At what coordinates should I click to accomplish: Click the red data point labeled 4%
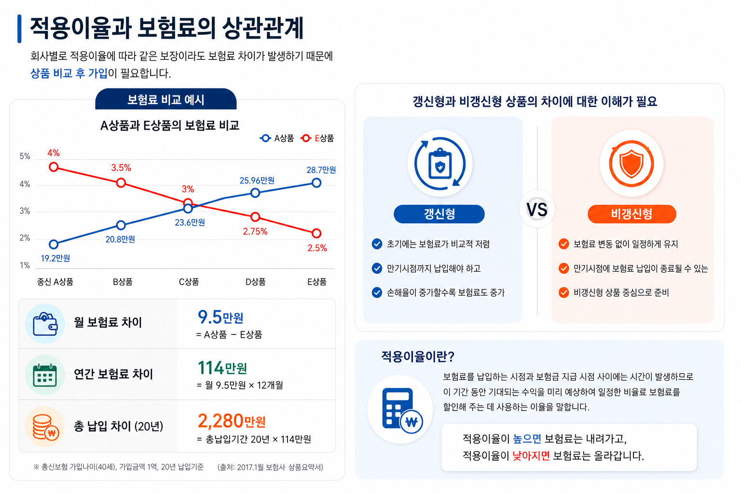pos(54,167)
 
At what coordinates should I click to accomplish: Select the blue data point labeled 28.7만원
pos(316,183)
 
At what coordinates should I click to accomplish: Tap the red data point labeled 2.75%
pos(255,217)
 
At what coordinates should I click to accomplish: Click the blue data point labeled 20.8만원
pos(121,225)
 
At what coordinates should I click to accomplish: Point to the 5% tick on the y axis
pos(25,156)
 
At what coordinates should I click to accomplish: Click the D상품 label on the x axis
pos(255,282)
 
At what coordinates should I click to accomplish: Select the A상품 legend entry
pos(277,138)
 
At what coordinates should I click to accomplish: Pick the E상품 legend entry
pos(317,138)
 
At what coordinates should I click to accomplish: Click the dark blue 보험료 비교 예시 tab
pos(165,99)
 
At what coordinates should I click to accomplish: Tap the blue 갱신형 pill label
pos(439,214)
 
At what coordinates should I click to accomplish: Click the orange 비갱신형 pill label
pos(631,214)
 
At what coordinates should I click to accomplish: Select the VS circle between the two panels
pos(537,209)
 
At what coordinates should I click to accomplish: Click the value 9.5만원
pos(220,317)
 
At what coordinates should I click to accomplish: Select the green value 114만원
pos(222,368)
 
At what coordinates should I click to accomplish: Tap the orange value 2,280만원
pos(232,421)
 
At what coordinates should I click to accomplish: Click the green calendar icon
pos(45,375)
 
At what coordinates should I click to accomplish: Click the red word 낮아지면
pos(531,456)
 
